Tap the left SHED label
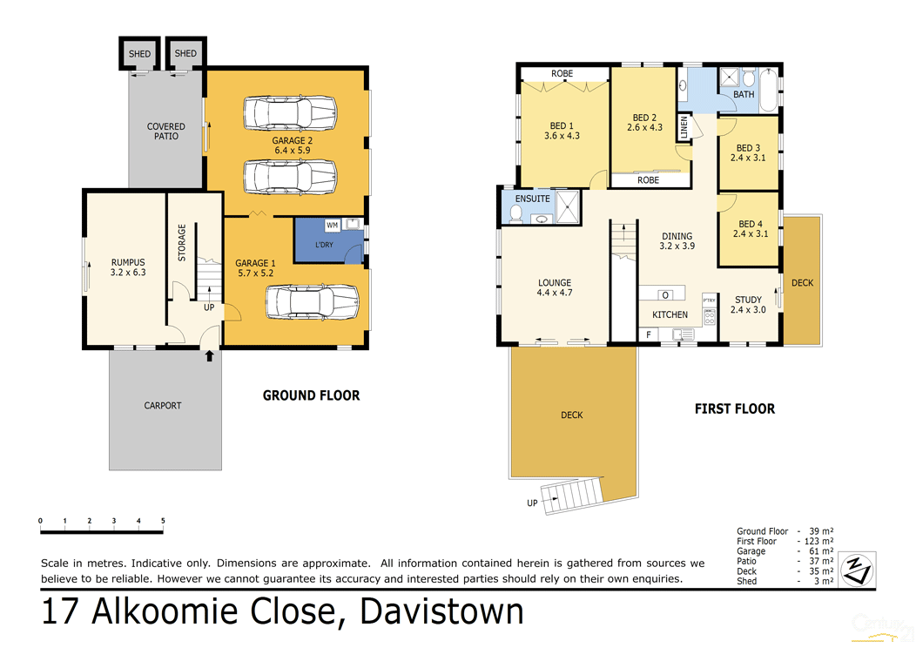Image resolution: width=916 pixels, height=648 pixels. click(139, 54)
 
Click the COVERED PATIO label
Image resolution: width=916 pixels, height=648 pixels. click(165, 132)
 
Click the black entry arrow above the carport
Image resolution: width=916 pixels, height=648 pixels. click(208, 354)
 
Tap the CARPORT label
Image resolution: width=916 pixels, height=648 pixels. click(163, 405)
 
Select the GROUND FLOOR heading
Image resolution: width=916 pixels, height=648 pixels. click(311, 395)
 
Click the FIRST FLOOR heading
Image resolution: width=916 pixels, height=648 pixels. click(734, 408)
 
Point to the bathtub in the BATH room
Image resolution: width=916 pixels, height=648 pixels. click(769, 91)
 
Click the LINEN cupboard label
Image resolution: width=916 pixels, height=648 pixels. click(684, 127)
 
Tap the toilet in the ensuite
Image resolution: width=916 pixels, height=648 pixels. click(515, 213)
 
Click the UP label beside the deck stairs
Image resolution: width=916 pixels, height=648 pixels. click(532, 503)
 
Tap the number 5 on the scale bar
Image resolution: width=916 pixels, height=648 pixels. click(163, 521)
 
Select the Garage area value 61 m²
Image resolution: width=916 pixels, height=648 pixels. click(820, 551)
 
